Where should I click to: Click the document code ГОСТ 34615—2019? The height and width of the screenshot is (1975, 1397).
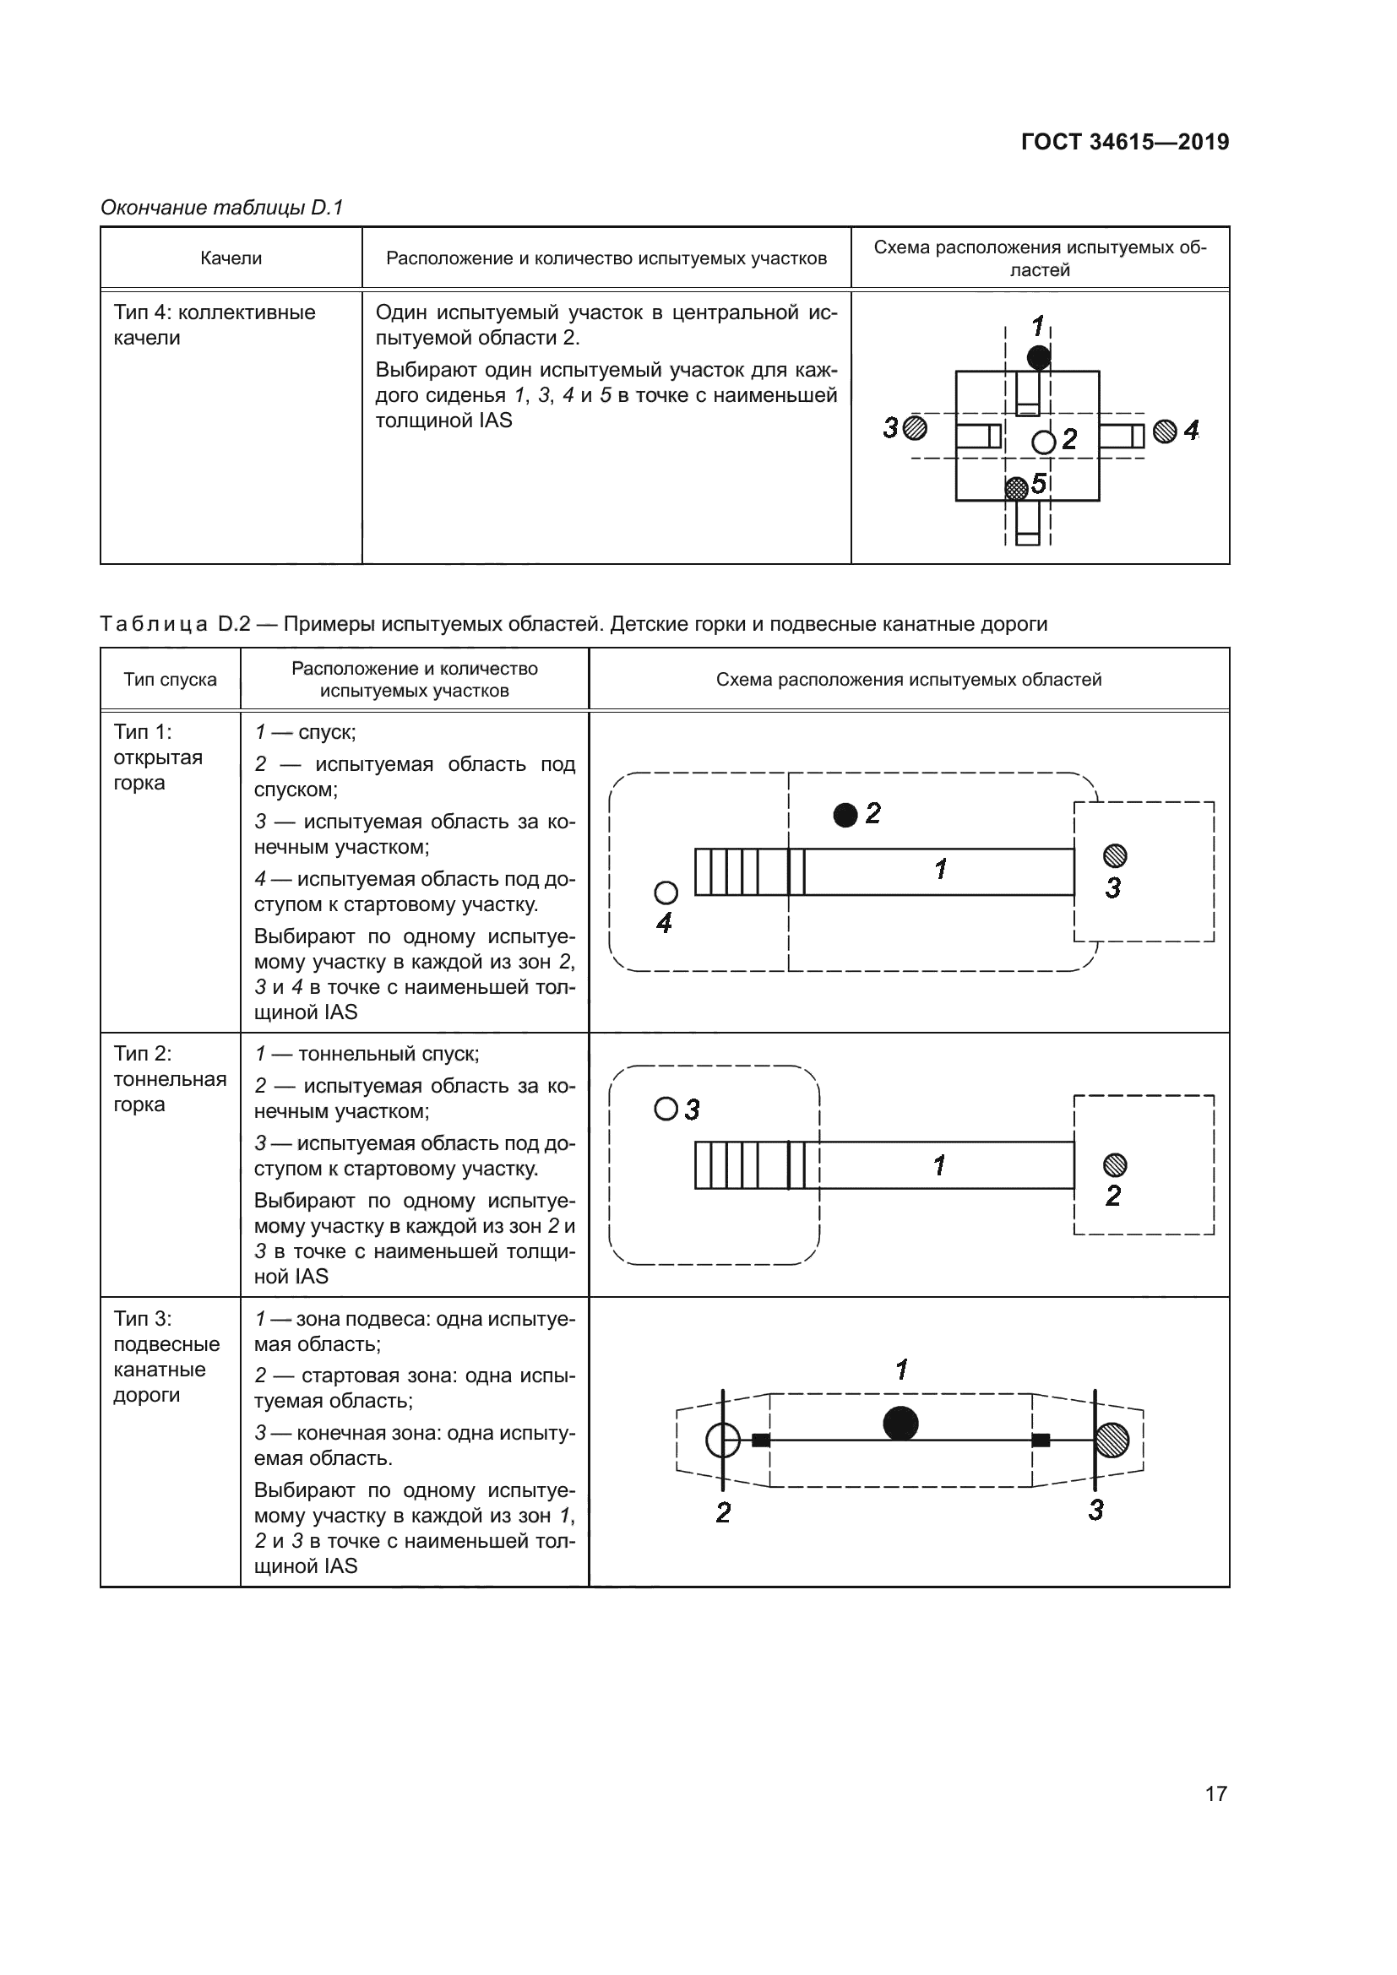1124,142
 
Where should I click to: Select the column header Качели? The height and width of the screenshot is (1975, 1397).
231,258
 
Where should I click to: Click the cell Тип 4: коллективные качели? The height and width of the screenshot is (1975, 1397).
215,325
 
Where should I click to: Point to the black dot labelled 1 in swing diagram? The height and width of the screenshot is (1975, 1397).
1038,357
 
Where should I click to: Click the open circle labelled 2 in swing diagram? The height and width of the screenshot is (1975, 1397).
1043,442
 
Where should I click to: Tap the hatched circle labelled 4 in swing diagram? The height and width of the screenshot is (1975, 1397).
1165,431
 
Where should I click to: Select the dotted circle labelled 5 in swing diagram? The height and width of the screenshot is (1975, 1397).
1017,489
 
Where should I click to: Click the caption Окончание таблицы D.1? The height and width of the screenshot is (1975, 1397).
222,208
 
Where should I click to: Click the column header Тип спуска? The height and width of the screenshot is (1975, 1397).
171,680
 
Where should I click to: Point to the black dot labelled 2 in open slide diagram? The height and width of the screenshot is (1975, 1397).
845,815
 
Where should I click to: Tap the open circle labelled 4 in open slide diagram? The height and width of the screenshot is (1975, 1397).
666,893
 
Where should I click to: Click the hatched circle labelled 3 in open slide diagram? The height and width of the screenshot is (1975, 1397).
1115,855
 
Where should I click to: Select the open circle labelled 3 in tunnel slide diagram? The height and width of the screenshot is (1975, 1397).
666,1109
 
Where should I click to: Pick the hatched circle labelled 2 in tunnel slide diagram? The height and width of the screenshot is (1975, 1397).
1115,1164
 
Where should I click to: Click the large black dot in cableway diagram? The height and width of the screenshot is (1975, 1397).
900,1423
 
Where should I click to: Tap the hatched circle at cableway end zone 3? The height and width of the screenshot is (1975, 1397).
1112,1440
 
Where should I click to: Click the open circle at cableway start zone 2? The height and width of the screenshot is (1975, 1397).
723,1440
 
